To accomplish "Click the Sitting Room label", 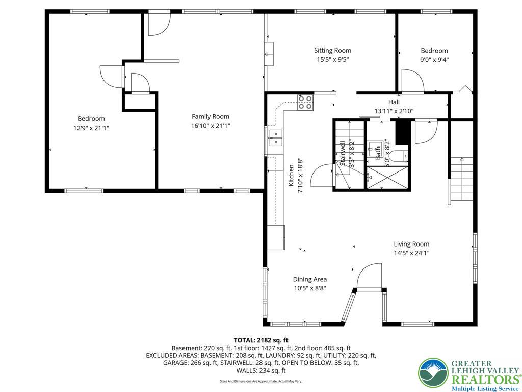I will click(332, 51).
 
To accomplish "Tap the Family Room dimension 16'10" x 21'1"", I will click(211, 126).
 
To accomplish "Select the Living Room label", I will click(411, 244).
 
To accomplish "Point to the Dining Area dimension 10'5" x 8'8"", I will click(309, 288).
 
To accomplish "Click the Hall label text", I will click(394, 102).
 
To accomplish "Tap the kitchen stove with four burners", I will click(305, 103).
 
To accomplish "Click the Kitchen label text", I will click(292, 175).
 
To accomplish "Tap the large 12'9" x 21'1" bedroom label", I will click(91, 119).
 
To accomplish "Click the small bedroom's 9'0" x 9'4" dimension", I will click(434, 59).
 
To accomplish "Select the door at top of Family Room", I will click(159, 25).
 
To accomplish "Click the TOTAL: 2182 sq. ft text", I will click(261, 340).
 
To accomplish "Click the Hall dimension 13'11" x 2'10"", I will click(394, 111).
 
